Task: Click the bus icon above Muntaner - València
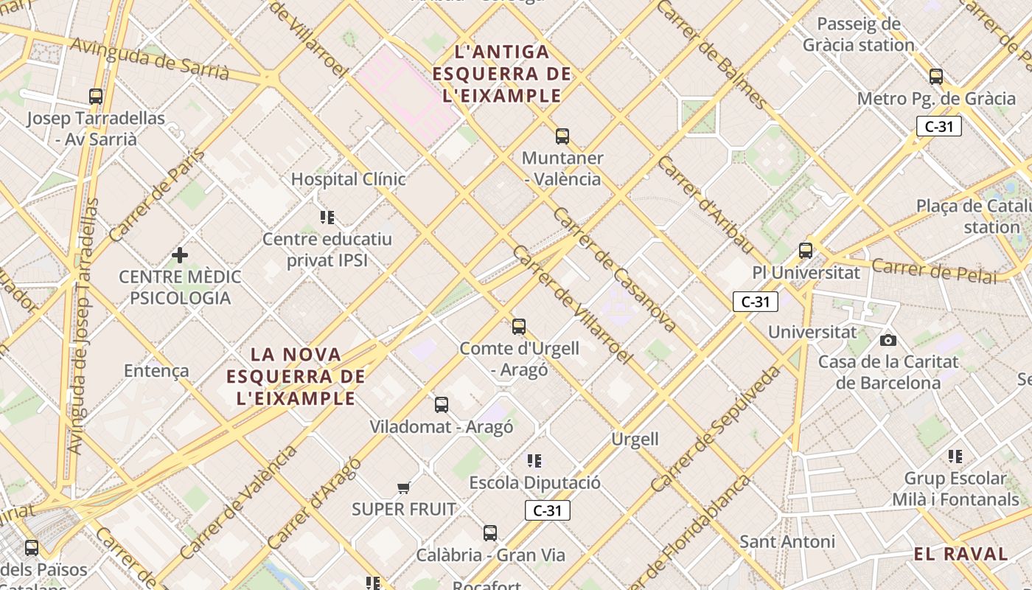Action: pyautogui.click(x=562, y=136)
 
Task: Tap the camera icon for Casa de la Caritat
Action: pyautogui.click(x=888, y=340)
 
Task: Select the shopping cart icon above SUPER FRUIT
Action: pyautogui.click(x=403, y=487)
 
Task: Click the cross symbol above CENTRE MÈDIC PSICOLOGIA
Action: pyautogui.click(x=180, y=255)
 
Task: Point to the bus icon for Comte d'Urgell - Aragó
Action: pyautogui.click(x=519, y=327)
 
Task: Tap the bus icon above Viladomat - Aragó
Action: pyautogui.click(x=442, y=405)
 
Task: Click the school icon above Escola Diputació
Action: pyautogui.click(x=534, y=462)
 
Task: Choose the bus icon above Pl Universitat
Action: pyautogui.click(x=806, y=251)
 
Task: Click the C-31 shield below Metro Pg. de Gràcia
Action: pyautogui.click(x=939, y=126)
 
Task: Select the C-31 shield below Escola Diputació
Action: pyautogui.click(x=548, y=510)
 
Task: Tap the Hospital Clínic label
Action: pyautogui.click(x=349, y=179)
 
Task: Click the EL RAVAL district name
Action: pyautogui.click(x=960, y=555)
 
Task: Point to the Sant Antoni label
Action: pyautogui.click(x=787, y=542)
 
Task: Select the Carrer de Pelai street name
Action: pyautogui.click(x=934, y=271)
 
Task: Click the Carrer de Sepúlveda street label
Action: pyautogui.click(x=715, y=429)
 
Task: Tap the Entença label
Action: pyautogui.click(x=156, y=371)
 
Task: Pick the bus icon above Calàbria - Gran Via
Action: pyautogui.click(x=490, y=533)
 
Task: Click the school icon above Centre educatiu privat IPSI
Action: pyautogui.click(x=327, y=218)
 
